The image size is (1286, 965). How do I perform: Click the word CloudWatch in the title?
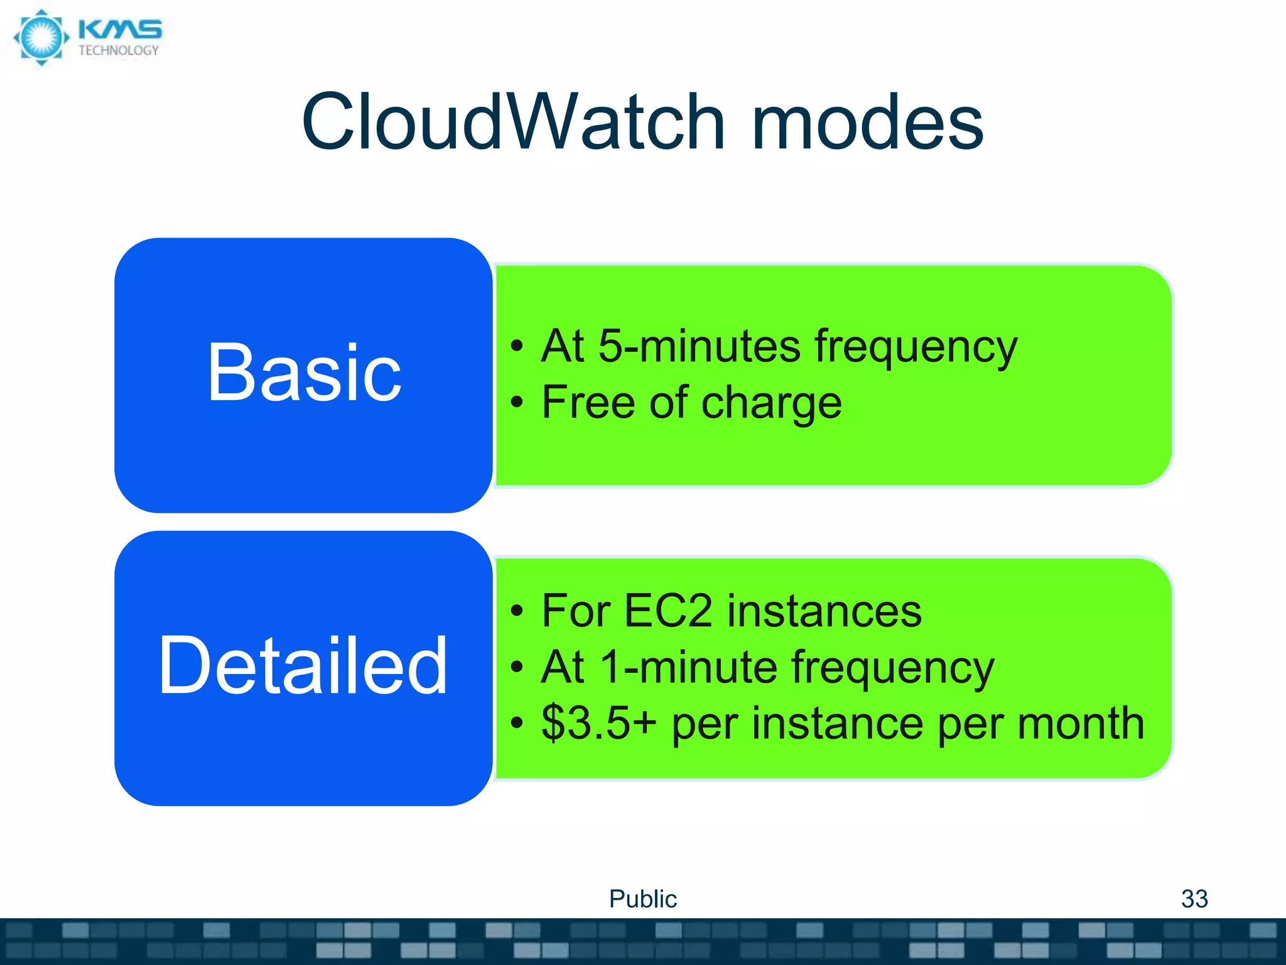[513, 123]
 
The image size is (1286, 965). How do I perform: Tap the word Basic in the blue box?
[304, 373]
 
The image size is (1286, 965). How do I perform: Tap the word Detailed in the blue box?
[303, 666]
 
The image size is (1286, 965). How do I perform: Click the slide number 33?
[1194, 899]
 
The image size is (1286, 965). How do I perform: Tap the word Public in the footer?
[642, 899]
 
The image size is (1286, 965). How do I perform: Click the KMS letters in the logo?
[120, 30]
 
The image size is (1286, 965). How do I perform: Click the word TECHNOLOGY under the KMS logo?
[119, 51]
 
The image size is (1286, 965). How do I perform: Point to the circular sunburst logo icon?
[41, 37]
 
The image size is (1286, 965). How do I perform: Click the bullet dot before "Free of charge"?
[516, 402]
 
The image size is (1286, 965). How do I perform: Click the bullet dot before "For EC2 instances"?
[516, 611]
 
